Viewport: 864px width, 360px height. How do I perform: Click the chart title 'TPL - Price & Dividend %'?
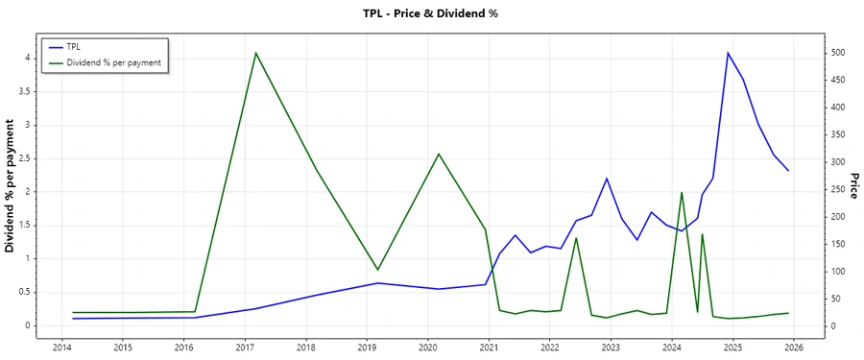pyautogui.click(x=430, y=13)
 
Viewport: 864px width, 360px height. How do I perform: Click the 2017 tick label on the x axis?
pyautogui.click(x=245, y=348)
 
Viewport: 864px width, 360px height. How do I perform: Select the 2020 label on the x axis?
pyautogui.click(x=427, y=348)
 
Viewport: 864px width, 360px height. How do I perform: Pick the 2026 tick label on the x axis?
pyautogui.click(x=793, y=348)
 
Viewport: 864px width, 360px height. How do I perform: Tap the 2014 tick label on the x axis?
pyautogui.click(x=61, y=348)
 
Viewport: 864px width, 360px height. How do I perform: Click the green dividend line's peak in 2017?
pyautogui.click(x=256, y=53)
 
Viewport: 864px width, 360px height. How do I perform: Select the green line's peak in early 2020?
pyautogui.click(x=439, y=154)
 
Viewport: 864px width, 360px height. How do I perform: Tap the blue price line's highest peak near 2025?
pyautogui.click(x=728, y=53)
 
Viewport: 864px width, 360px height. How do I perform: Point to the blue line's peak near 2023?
pyautogui.click(x=607, y=179)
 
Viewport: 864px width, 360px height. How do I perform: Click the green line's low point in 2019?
pyautogui.click(x=377, y=270)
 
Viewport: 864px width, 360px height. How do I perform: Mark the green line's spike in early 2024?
pyautogui.click(x=681, y=193)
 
